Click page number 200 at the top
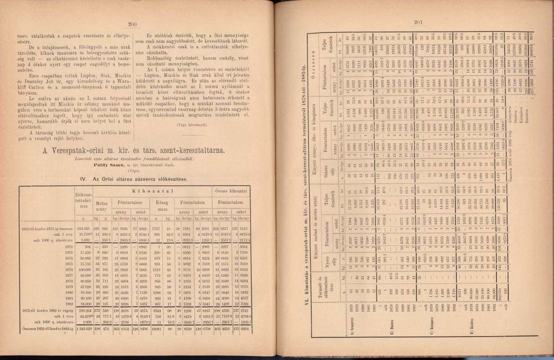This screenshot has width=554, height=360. [x=132, y=25]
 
